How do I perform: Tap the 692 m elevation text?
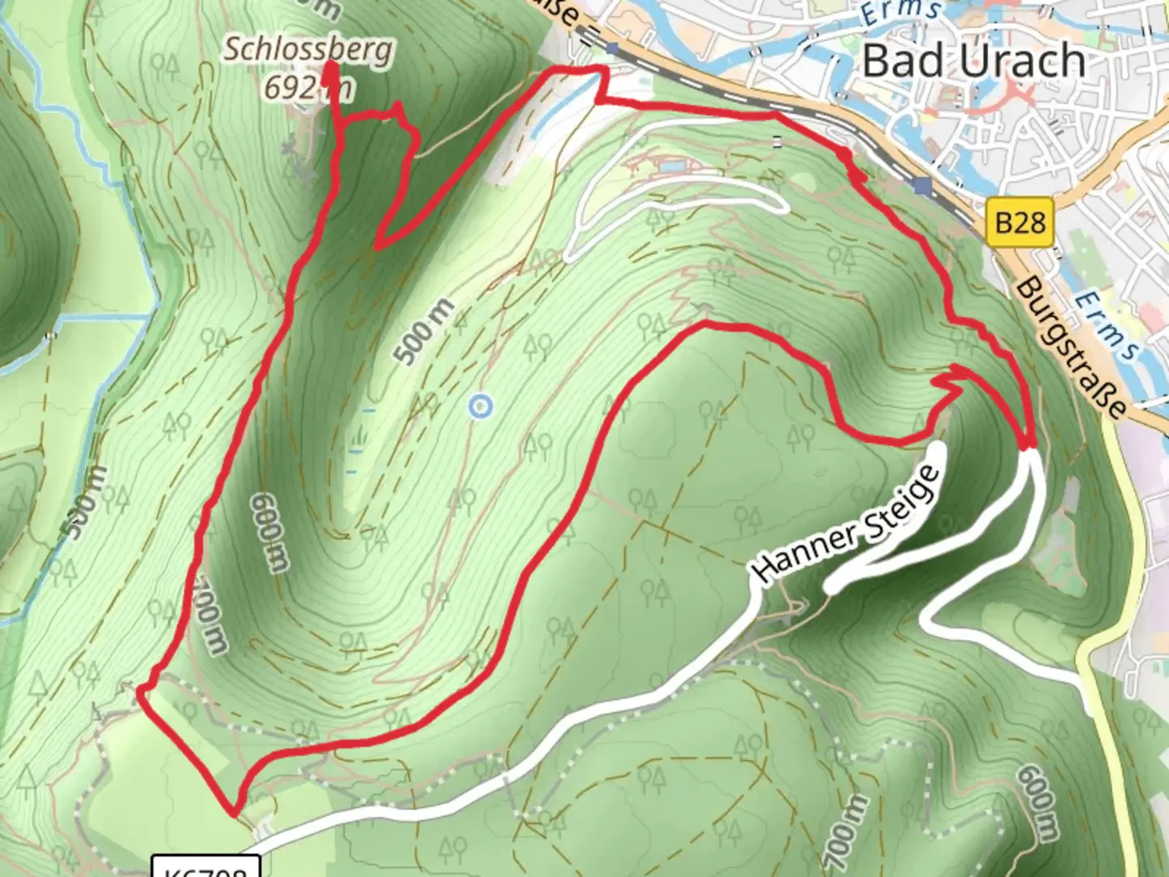[308, 86]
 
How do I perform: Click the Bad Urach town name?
[973, 61]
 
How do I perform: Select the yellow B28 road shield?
[1020, 222]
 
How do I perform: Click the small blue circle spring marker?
[481, 405]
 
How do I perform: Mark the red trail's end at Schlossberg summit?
[330, 69]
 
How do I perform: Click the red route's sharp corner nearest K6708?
[234, 810]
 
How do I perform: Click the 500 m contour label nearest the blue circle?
[424, 331]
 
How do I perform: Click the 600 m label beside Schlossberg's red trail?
[270, 532]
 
